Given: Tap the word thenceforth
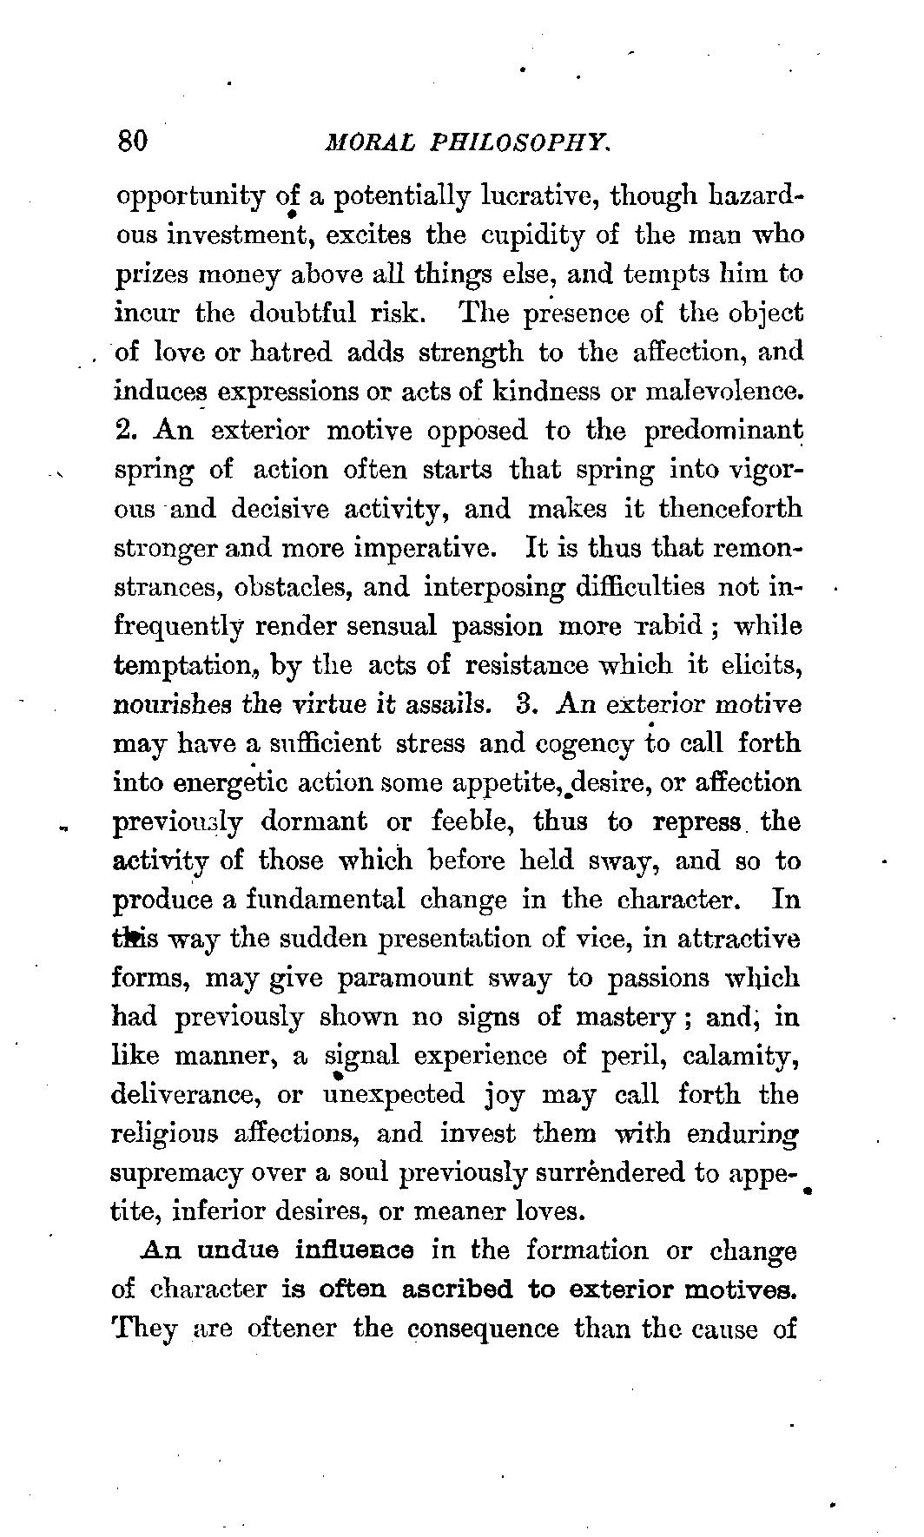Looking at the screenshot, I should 731,509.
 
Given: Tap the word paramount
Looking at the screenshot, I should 406,978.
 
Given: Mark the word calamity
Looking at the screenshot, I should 740,1057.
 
